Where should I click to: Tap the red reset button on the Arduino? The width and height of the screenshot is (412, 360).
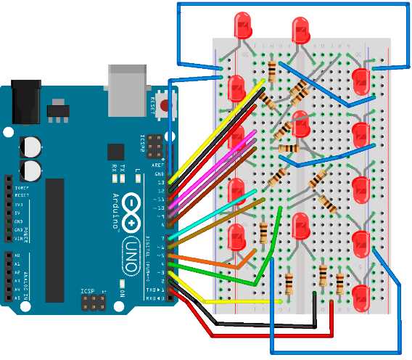coord(166,105)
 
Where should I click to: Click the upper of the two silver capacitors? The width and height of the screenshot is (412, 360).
coord(30,145)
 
